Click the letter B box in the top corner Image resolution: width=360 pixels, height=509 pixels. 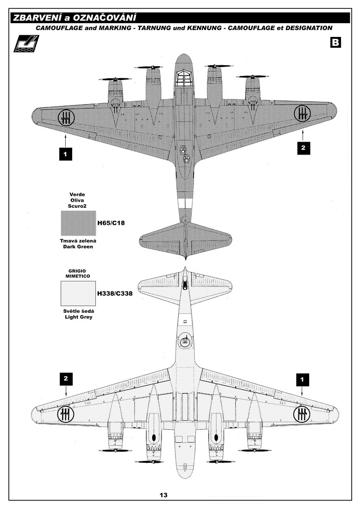tap(335, 42)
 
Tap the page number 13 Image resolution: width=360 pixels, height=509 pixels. tap(163, 495)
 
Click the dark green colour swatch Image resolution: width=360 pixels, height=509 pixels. tap(78, 223)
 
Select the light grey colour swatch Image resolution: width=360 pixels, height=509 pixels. tap(78, 293)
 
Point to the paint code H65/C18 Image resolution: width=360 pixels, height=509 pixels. tap(111, 223)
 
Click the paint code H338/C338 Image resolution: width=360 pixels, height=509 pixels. tap(115, 293)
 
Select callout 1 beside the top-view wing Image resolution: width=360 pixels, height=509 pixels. tap(66, 154)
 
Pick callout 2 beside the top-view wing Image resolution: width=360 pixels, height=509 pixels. tap(303, 148)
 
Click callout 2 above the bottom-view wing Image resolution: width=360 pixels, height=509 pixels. tap(66, 379)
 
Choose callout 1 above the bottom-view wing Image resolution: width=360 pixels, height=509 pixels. tap(302, 379)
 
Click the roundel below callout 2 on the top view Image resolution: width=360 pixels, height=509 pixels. tap(302, 113)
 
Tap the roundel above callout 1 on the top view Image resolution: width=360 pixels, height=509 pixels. tap(66, 117)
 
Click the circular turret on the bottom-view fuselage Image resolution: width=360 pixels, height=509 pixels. tap(185, 341)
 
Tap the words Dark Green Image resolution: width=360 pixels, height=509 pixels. tap(78, 247)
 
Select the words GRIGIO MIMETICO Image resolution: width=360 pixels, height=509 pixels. tap(78, 273)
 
